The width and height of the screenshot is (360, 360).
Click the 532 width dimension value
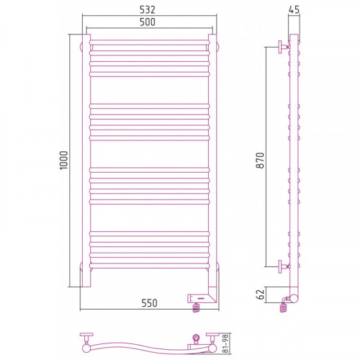click(148, 9)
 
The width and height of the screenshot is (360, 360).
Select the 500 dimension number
click(148, 22)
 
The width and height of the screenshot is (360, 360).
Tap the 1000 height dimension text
click(64, 161)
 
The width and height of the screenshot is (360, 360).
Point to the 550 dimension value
click(149, 303)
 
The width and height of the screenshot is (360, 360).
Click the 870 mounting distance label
click(260, 161)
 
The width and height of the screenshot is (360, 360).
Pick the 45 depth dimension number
click(294, 9)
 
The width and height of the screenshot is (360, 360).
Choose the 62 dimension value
click(260, 294)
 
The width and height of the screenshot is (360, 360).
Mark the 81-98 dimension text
click(225, 343)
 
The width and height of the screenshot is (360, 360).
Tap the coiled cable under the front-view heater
click(197, 307)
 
